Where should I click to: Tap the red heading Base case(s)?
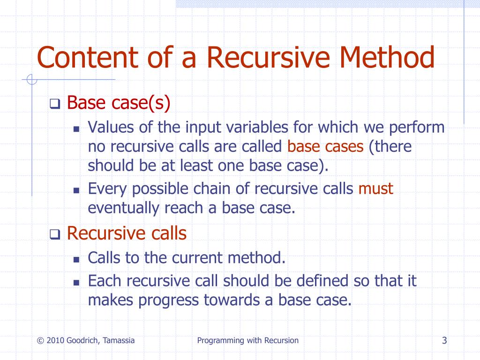[118, 102]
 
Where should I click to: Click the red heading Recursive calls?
[127, 233]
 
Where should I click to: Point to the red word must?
[375, 188]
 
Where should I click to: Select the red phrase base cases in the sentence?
[325, 147]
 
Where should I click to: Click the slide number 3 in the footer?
[444, 340]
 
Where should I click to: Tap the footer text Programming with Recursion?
[247, 340]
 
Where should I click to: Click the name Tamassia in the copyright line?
[118, 340]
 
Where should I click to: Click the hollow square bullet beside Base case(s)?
[55, 104]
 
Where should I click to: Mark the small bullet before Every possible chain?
[77, 190]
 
